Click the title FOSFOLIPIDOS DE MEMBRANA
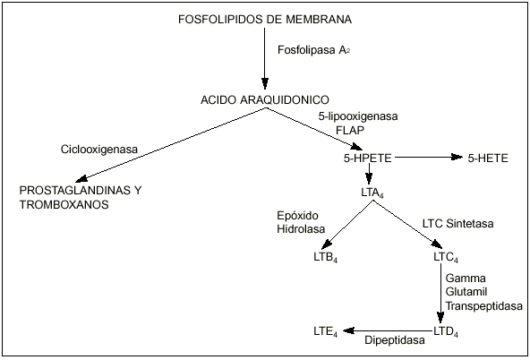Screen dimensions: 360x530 (x=264, y=20)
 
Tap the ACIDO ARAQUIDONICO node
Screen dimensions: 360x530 (x=265, y=99)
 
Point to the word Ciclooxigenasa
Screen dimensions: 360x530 (x=98, y=149)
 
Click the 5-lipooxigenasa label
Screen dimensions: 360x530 (x=358, y=116)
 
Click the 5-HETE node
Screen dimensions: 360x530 (x=488, y=159)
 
